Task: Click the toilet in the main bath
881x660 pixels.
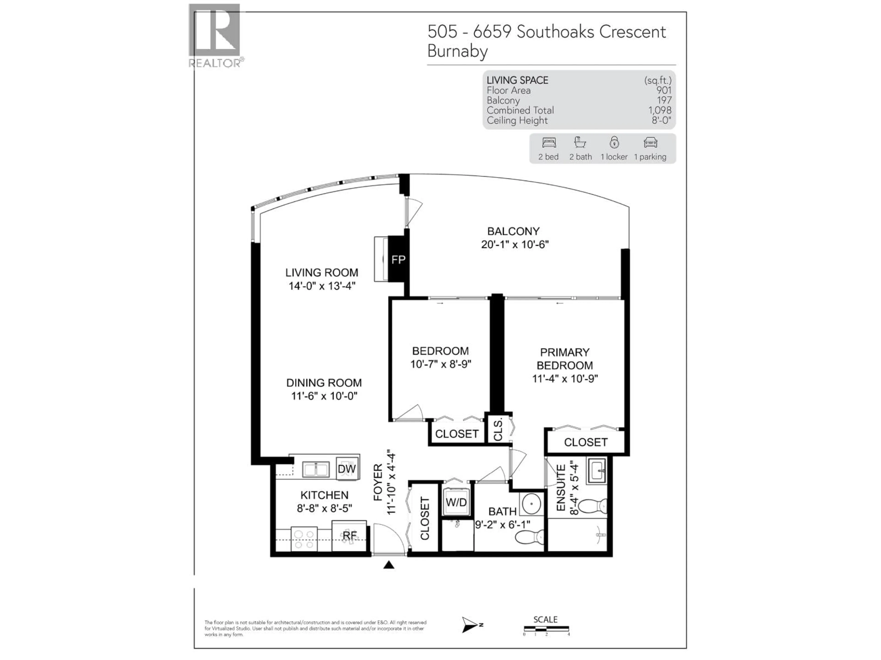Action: [530, 537]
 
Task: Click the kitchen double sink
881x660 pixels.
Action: [316, 469]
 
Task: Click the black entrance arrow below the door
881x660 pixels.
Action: [389, 565]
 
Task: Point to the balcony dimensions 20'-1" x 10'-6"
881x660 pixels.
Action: [515, 244]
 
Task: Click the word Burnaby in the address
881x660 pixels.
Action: [457, 51]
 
